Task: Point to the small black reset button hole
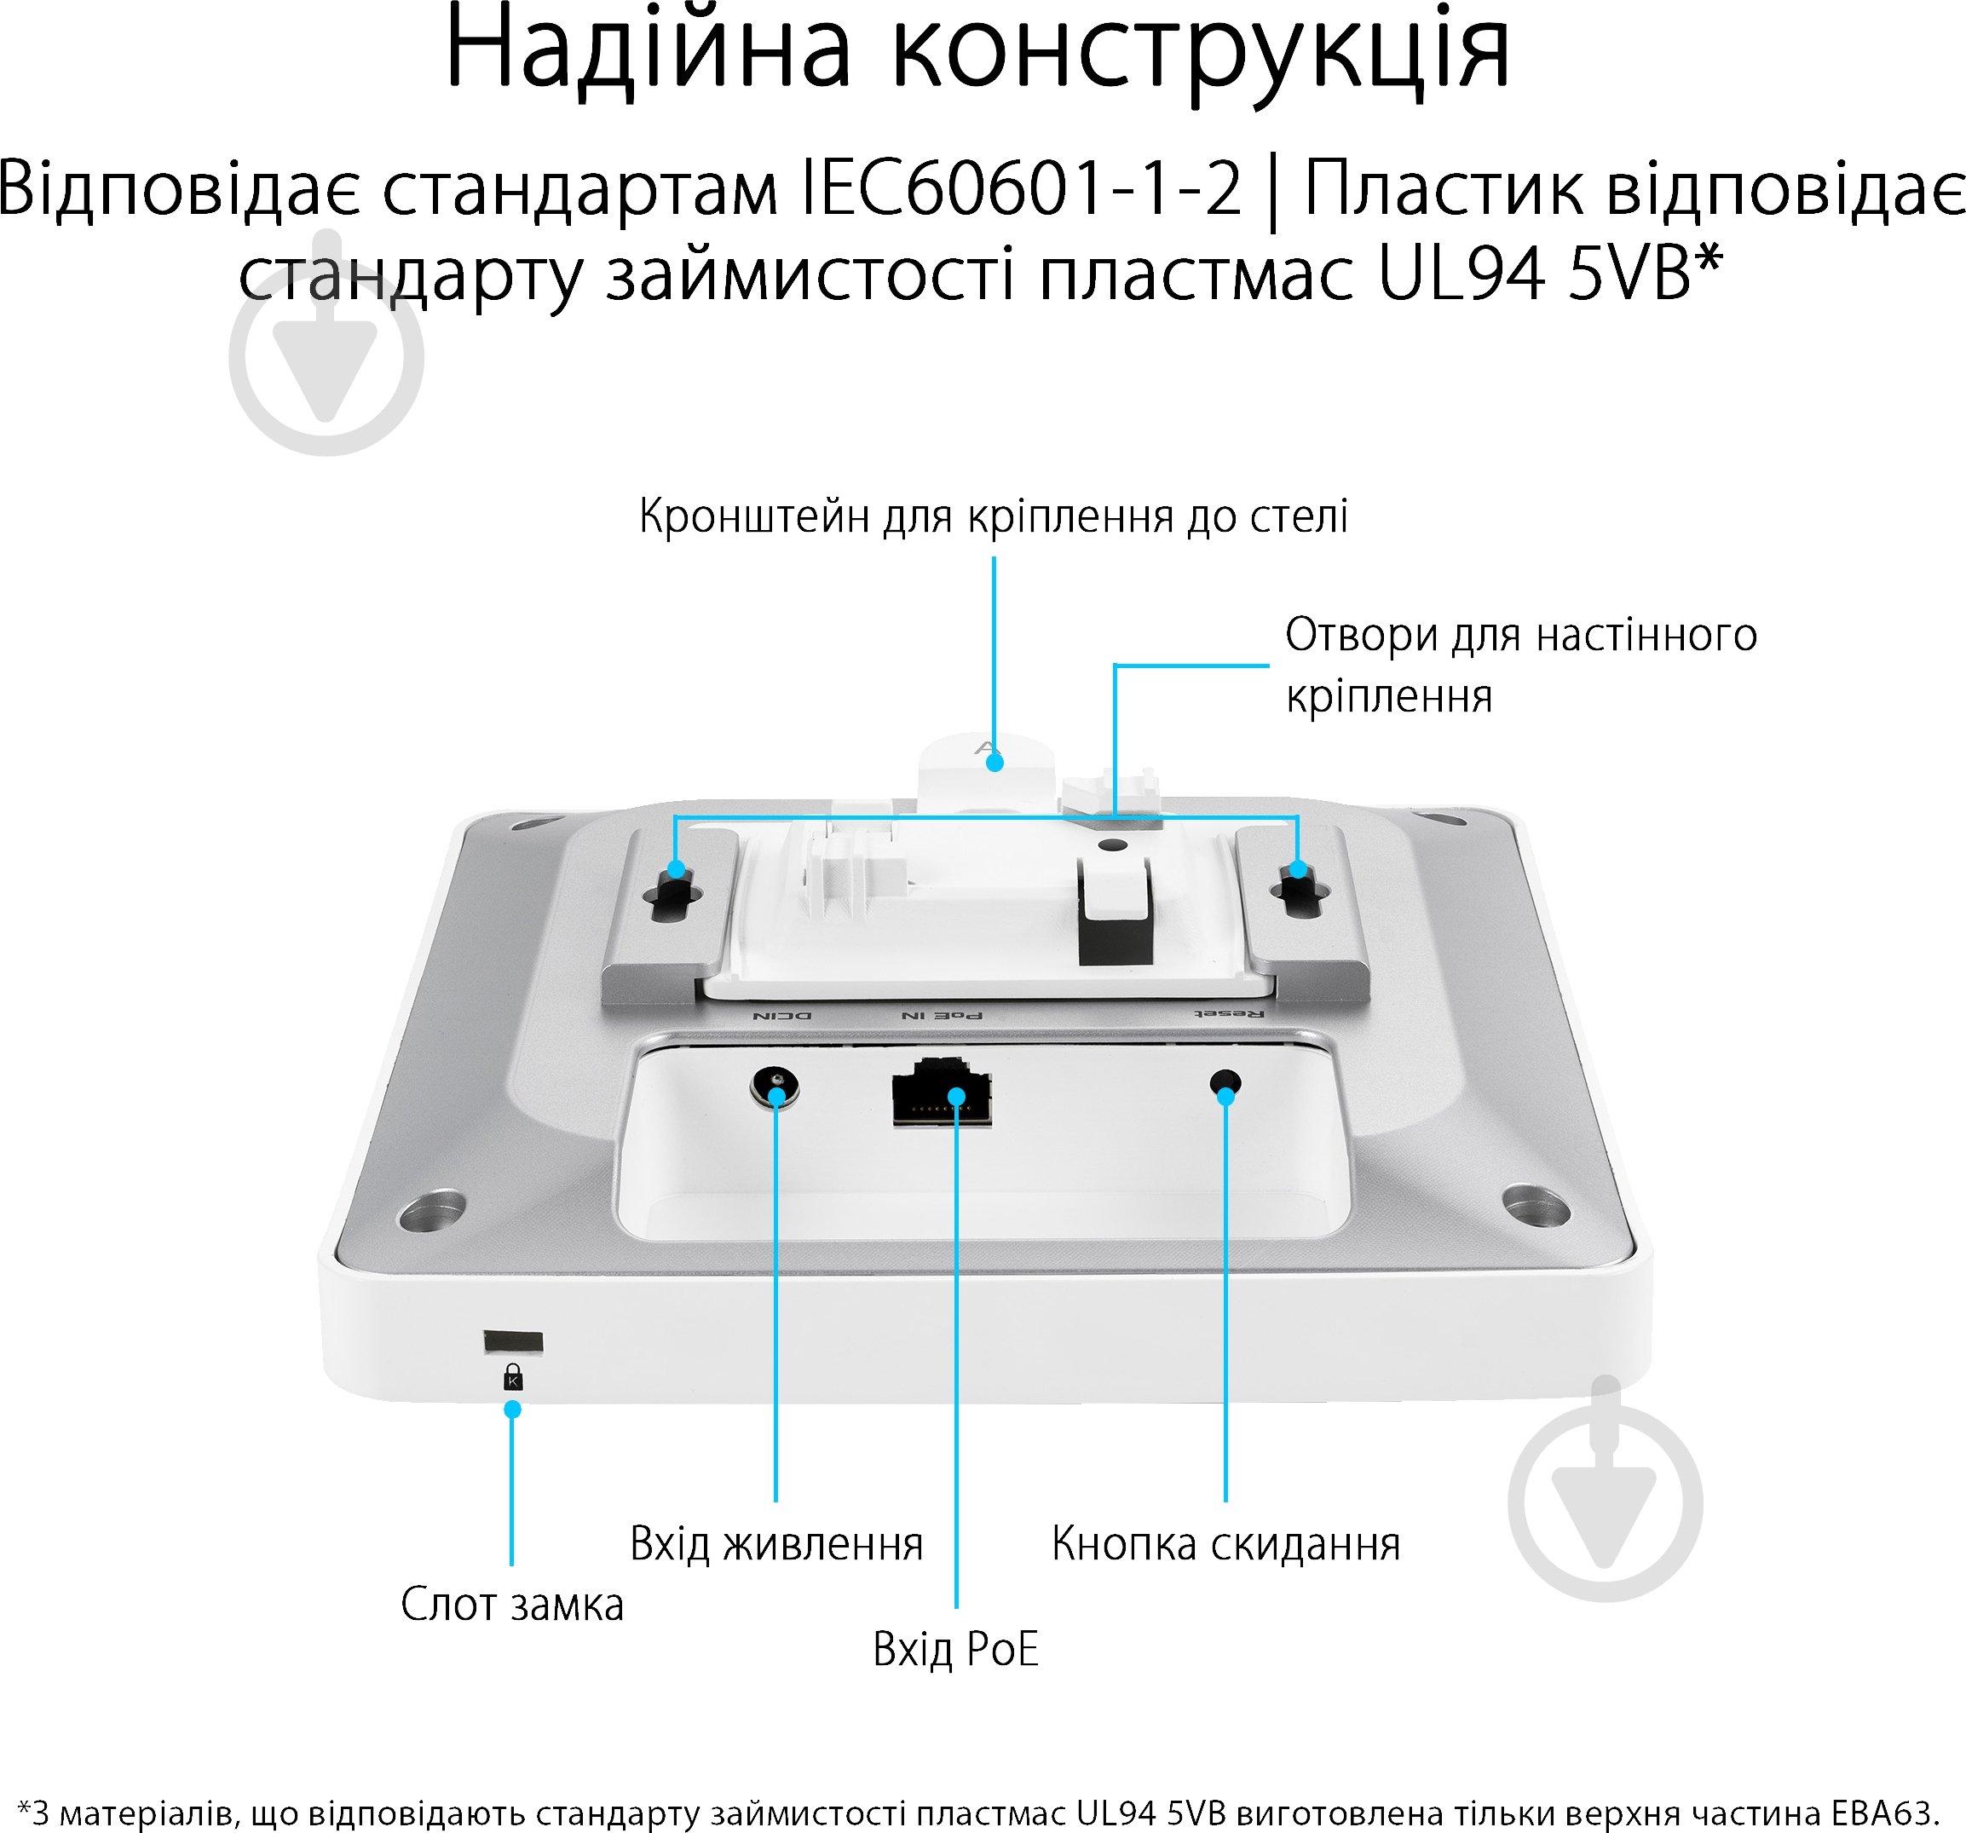pyautogui.click(x=1226, y=1084)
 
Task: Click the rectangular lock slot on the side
pyautogui.click(x=512, y=1341)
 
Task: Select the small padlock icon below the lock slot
pyautogui.click(x=512, y=1378)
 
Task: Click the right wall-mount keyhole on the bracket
pyautogui.click(x=1300, y=895)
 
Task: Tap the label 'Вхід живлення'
pyautogui.click(x=776, y=1543)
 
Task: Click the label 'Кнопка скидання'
pyautogui.click(x=1225, y=1543)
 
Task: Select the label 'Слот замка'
pyautogui.click(x=512, y=1605)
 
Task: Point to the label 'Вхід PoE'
pyautogui.click(x=955, y=1649)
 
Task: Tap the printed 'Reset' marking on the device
pyautogui.click(x=1228, y=1014)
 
